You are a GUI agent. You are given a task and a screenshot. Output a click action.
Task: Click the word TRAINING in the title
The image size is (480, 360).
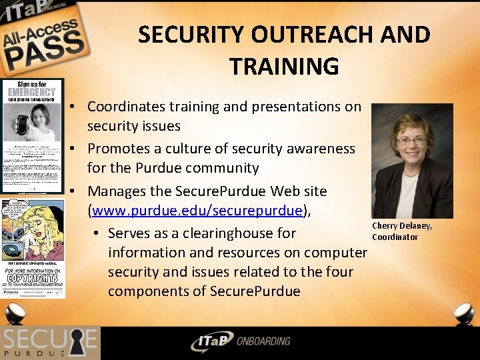click(284, 66)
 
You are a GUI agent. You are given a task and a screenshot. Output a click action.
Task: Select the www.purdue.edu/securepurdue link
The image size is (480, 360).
click(197, 211)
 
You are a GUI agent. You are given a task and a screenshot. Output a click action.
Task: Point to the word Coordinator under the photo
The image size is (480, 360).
click(395, 237)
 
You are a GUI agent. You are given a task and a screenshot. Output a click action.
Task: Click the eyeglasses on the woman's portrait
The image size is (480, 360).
click(412, 140)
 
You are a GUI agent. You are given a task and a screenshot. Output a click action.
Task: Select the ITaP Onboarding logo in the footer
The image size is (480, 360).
click(240, 342)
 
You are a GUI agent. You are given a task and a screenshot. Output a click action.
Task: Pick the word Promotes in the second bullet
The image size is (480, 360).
click(118, 148)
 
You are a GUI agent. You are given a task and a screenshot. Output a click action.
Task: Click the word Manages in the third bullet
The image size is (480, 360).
click(116, 191)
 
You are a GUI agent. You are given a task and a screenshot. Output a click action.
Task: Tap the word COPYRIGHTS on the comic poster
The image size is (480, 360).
click(33, 275)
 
